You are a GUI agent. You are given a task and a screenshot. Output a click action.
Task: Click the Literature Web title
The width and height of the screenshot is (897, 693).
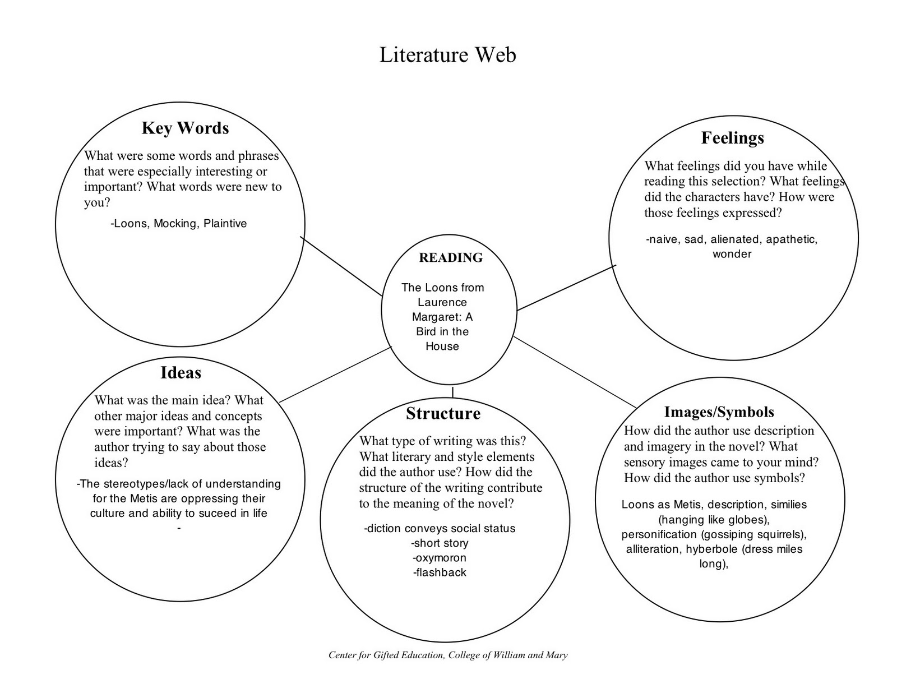(x=447, y=55)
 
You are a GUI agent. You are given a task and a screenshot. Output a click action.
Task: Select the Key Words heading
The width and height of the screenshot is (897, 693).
(x=185, y=128)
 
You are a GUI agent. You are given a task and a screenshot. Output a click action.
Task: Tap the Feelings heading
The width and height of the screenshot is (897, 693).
(x=732, y=138)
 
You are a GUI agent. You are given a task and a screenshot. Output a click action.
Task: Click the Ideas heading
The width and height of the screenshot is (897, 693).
(x=181, y=373)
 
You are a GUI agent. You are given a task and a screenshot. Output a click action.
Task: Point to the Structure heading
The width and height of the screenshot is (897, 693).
(x=443, y=414)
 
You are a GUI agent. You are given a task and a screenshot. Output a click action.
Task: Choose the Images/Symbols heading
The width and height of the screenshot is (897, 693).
(x=719, y=412)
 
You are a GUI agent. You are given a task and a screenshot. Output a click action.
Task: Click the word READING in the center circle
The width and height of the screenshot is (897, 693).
(x=450, y=258)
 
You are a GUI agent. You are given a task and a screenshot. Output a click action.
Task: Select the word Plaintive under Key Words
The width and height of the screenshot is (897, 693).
(x=225, y=224)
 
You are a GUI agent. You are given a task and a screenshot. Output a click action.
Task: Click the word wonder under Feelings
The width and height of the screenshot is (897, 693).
(x=732, y=254)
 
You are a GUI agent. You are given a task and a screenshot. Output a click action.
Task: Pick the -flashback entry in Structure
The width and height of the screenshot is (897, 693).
(x=440, y=572)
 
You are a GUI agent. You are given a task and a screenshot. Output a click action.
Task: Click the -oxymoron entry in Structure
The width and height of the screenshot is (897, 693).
(x=440, y=558)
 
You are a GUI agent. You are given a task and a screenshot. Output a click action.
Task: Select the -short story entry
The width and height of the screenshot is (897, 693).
(x=440, y=543)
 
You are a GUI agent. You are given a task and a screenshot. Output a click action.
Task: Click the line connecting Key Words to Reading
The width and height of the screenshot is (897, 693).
(x=341, y=266)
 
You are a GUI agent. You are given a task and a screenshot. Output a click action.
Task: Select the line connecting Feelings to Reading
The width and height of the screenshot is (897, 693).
(x=566, y=288)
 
